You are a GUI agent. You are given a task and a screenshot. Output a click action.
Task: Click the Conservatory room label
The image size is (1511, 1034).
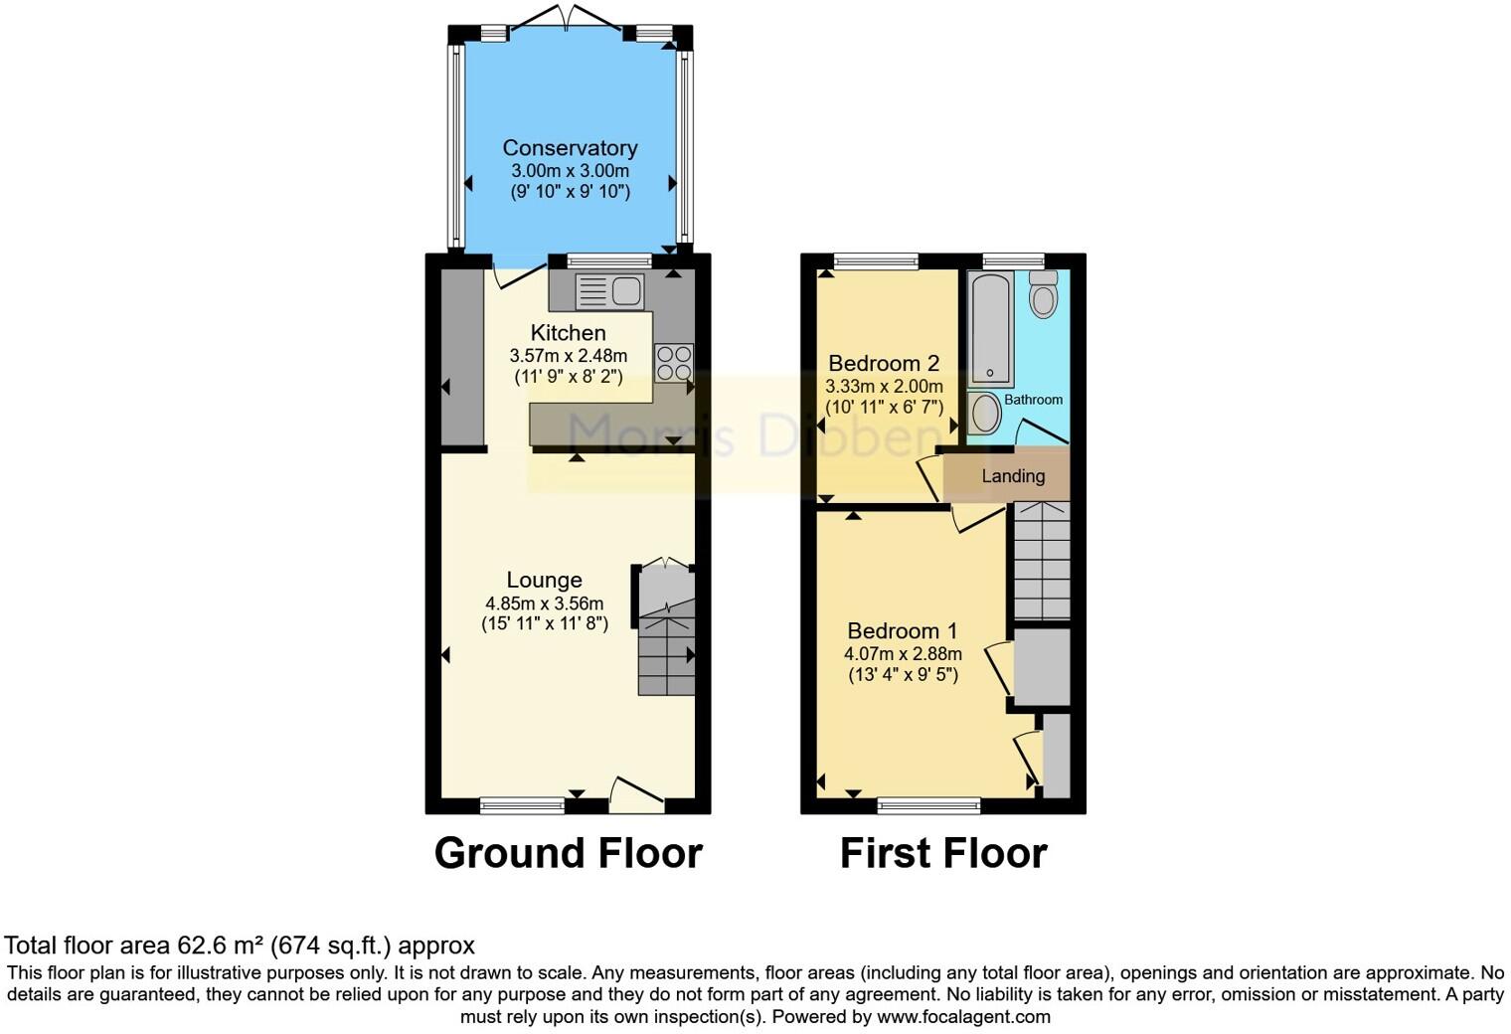570,148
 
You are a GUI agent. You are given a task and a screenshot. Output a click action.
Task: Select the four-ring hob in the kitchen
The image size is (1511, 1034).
674,363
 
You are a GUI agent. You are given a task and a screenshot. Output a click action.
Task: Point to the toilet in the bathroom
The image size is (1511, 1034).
1043,293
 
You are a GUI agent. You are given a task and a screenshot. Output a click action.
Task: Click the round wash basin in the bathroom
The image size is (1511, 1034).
985,413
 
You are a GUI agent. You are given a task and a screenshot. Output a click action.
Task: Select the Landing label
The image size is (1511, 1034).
1013,476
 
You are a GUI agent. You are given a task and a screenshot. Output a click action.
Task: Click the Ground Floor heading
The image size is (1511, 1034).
568,853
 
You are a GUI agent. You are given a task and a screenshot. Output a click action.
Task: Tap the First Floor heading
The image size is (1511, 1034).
942,853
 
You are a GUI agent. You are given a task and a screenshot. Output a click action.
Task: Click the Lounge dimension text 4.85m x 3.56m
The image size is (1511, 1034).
544,603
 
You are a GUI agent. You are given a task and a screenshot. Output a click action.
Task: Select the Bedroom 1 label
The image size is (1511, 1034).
902,630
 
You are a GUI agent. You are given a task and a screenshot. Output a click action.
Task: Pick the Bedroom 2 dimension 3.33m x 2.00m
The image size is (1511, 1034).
884,386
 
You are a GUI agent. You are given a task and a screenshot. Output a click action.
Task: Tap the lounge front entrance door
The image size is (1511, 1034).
635,790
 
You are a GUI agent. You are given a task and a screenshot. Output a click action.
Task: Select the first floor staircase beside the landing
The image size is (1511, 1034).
1041,563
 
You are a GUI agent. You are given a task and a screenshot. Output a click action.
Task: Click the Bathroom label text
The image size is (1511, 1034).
1033,400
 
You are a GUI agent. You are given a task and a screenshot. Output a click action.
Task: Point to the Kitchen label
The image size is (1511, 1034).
568,333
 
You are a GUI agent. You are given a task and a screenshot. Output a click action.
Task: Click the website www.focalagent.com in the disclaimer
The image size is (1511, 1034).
963,1017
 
